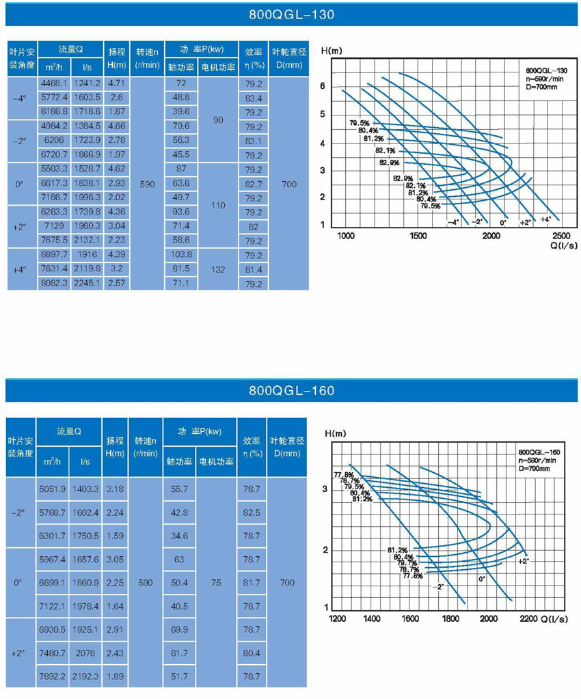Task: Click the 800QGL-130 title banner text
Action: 291,15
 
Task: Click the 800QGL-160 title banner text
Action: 291,391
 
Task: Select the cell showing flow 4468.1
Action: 54,83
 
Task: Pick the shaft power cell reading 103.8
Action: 181,255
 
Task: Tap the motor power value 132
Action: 218,269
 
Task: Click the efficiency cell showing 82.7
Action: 254,184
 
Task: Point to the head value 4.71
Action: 116,83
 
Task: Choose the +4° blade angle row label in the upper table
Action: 20,270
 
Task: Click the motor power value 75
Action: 216,583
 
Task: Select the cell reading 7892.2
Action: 52,676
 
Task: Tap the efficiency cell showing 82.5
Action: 252,512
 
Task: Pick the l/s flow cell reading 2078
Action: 85,653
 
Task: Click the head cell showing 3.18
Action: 115,489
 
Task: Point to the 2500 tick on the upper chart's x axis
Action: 561,235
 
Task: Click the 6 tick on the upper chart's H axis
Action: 323,86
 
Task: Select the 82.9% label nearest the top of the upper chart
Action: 389,163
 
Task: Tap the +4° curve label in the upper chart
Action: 545,219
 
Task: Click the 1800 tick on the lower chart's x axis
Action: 450,618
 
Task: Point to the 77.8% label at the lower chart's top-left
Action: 343,475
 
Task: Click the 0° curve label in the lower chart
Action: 482,579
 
